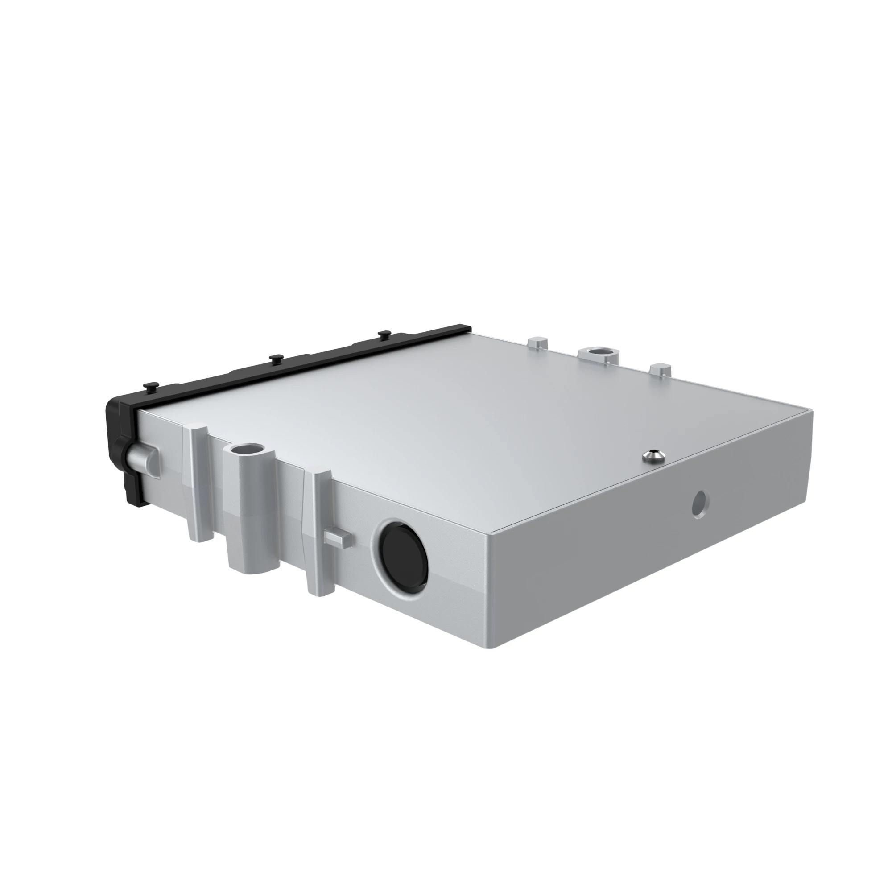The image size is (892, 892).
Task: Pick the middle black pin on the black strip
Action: (x=276, y=357)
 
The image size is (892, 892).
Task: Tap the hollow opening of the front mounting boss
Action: (x=247, y=448)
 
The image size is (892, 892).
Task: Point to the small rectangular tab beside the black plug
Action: (x=338, y=538)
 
